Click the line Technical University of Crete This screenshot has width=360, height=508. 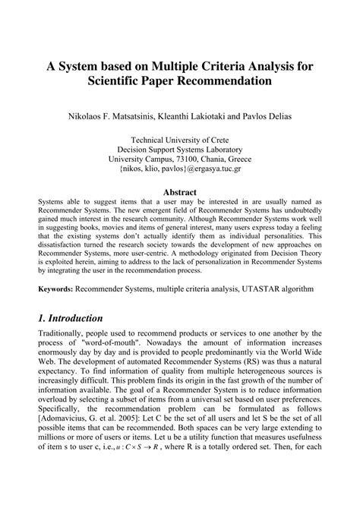coord(179,140)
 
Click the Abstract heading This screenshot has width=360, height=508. coord(179,192)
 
